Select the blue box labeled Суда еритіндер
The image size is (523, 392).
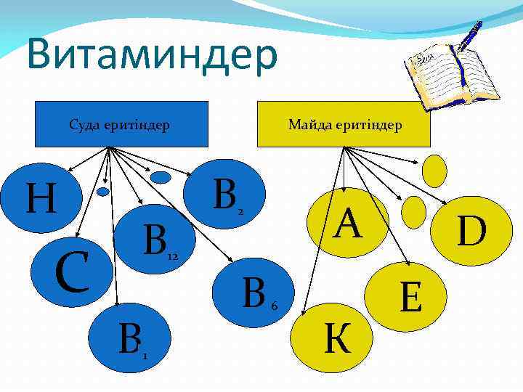[119, 124]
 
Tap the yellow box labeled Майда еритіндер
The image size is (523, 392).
[345, 124]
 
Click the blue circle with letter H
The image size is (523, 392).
[44, 197]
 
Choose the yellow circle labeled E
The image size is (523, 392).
[410, 297]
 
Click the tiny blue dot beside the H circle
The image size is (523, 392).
[103, 192]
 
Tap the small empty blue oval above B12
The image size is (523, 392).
[160, 176]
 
